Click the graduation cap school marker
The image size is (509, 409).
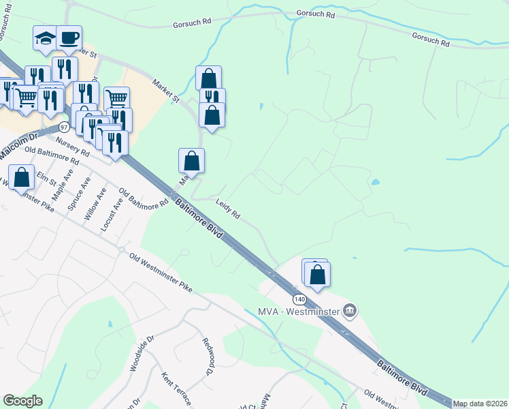coord(45,39)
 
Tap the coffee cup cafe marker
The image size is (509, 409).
coord(69,37)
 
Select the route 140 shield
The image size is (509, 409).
coord(300,299)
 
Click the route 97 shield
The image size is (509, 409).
coord(64,127)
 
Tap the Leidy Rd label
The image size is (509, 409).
coord(228,209)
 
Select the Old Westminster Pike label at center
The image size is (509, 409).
coord(159,273)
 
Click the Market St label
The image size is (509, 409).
coord(165,91)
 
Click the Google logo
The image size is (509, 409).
coord(22,401)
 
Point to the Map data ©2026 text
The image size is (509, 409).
coord(480,404)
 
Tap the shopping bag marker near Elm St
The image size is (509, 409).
coord(22,177)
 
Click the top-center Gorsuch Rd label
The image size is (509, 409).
coord(316,14)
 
